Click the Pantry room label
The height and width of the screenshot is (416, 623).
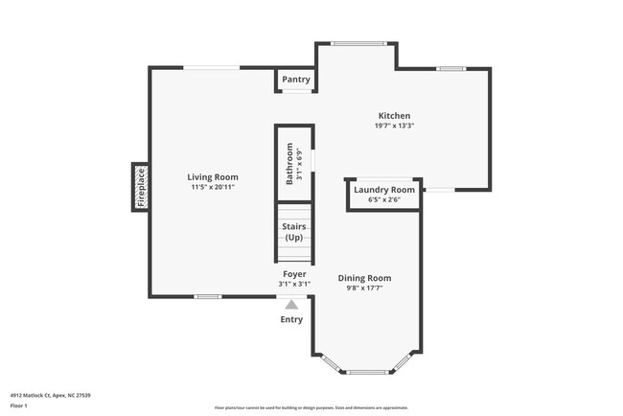(x=296, y=81)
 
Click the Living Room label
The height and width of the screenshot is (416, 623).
(x=213, y=177)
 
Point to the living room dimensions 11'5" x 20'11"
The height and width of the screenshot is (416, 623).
(x=213, y=187)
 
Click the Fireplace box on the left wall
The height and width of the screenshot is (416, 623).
(x=140, y=187)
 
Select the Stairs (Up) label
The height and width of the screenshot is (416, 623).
(x=293, y=232)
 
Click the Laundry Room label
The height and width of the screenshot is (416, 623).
(x=383, y=190)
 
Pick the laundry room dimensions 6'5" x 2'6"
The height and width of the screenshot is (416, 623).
(x=383, y=199)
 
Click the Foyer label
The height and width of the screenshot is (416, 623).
(x=293, y=274)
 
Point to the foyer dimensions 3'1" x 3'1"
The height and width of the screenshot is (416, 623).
(x=293, y=284)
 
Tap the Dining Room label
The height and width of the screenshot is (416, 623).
(x=364, y=279)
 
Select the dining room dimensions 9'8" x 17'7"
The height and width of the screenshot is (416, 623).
(x=364, y=289)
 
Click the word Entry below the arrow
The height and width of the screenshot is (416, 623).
(x=291, y=320)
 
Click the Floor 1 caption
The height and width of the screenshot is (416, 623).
(x=20, y=406)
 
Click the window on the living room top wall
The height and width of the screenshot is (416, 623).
(x=212, y=67)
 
